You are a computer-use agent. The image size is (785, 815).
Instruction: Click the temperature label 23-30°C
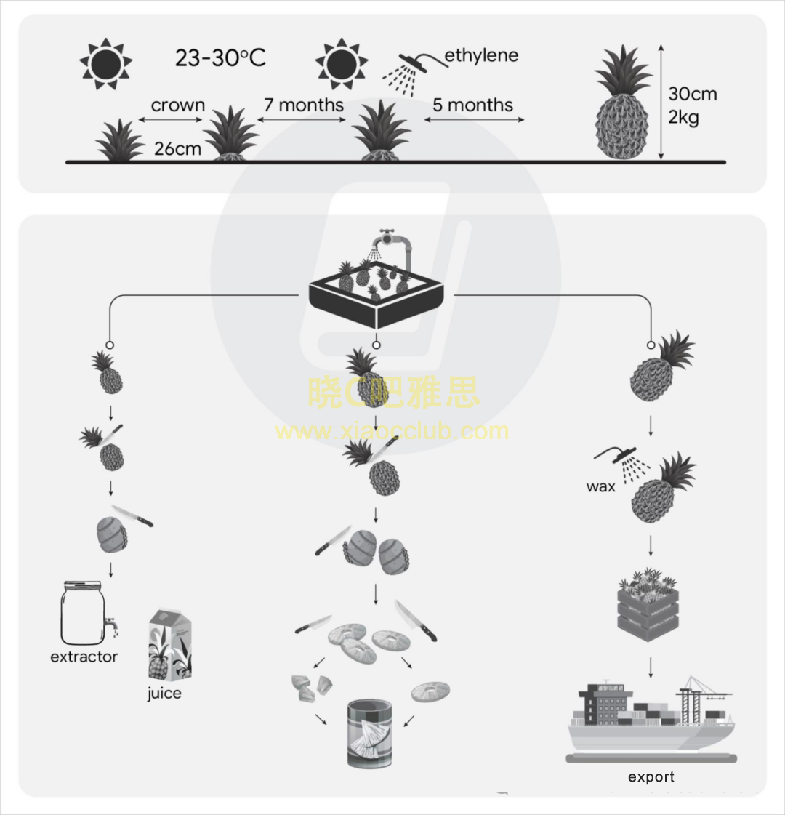tap(220, 57)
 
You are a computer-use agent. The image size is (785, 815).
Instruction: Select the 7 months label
tap(303, 105)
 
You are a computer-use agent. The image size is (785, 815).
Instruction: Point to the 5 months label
tap(472, 105)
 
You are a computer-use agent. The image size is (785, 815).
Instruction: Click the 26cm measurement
tap(177, 148)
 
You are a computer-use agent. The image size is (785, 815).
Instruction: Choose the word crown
tap(177, 105)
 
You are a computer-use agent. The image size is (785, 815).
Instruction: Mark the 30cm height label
tap(692, 94)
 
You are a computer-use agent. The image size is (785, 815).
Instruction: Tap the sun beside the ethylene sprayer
tap(342, 64)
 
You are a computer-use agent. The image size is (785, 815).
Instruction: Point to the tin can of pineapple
tap(370, 733)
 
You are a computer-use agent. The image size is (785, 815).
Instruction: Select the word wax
tap(600, 486)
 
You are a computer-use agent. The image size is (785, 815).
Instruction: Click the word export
tap(651, 777)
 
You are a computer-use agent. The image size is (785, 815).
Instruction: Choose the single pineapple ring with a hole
tap(430, 691)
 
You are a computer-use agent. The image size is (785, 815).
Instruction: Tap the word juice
tap(164, 693)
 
